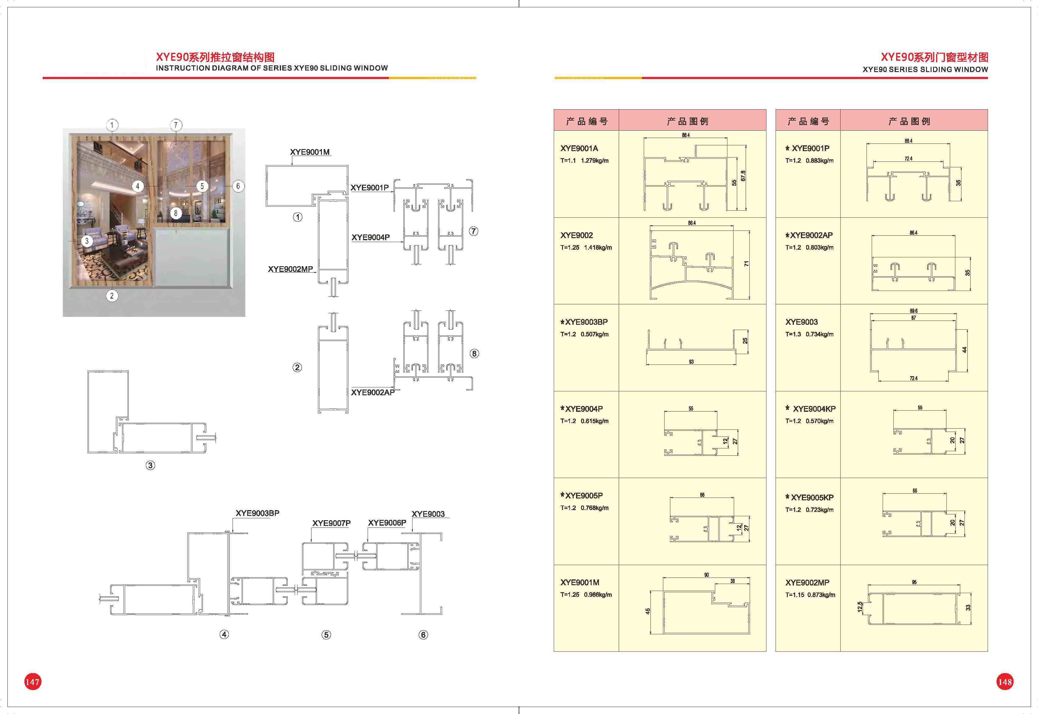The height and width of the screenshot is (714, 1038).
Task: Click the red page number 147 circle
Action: click(x=32, y=682)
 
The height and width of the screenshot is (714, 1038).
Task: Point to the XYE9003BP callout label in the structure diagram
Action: click(x=258, y=513)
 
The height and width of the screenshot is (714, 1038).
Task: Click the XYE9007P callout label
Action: click(x=331, y=523)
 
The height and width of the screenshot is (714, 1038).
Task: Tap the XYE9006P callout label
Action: click(x=387, y=523)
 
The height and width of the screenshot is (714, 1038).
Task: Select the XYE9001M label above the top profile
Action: click(x=310, y=152)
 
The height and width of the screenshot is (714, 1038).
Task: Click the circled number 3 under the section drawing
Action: click(x=150, y=465)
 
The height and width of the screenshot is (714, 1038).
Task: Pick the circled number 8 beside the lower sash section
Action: click(x=474, y=353)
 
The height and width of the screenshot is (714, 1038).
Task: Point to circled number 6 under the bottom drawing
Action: click(x=423, y=634)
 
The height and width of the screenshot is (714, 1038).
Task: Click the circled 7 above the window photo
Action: click(x=176, y=125)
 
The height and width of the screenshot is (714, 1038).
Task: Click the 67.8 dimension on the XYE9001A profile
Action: click(x=743, y=176)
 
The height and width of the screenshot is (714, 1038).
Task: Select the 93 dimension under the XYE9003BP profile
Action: click(x=691, y=361)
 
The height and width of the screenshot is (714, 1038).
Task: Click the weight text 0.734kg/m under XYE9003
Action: click(x=820, y=334)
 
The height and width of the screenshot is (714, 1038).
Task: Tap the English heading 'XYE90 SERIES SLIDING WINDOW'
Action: click(x=925, y=69)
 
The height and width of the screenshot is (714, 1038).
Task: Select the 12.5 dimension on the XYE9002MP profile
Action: click(x=860, y=607)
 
